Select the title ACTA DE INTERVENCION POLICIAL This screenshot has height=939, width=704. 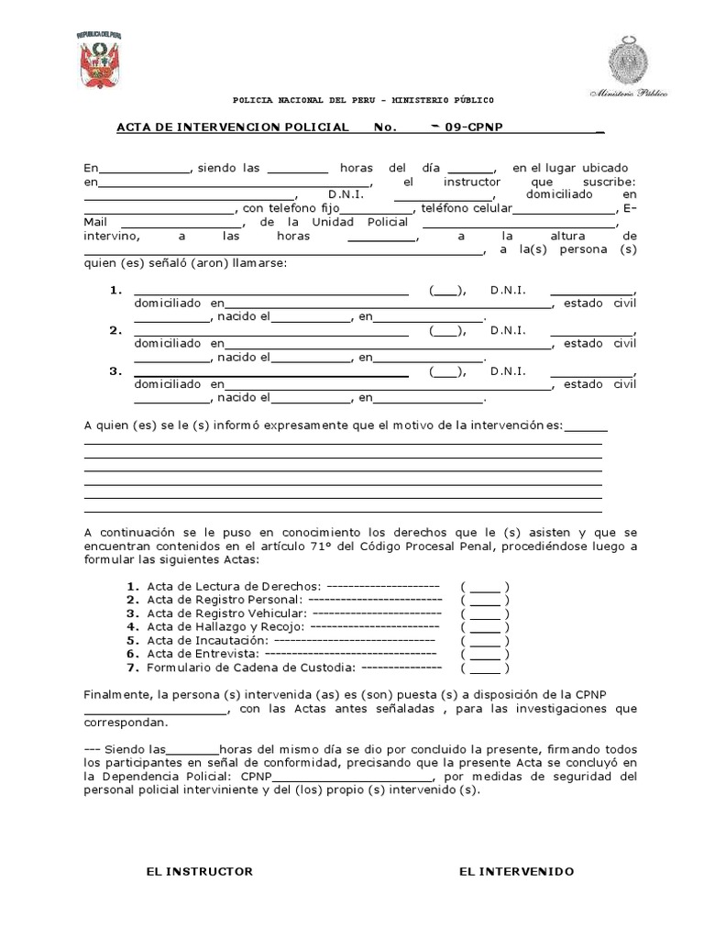(x=232, y=127)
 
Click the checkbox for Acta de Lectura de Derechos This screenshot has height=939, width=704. (x=486, y=587)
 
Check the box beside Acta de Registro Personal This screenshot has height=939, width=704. (x=486, y=601)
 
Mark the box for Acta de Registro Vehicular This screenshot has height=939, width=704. (x=486, y=614)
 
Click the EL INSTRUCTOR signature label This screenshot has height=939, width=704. (x=199, y=871)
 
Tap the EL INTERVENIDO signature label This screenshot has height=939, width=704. (x=516, y=871)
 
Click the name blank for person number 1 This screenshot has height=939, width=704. (x=271, y=293)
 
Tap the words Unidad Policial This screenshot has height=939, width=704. (x=342, y=223)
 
